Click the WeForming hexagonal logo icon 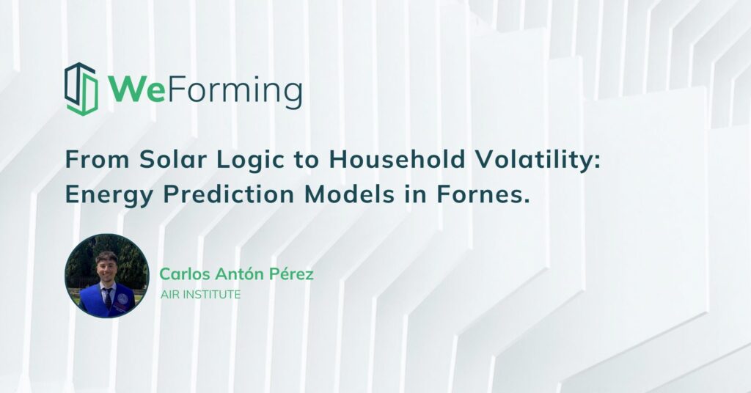click(x=81, y=89)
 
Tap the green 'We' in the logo click(x=136, y=89)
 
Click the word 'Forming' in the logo click(x=234, y=92)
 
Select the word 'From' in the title click(x=98, y=159)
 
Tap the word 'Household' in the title click(x=397, y=159)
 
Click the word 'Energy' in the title click(x=109, y=196)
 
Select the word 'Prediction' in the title click(x=229, y=194)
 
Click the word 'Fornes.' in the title click(x=483, y=194)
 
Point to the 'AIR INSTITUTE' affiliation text click(x=201, y=295)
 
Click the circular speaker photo click(x=107, y=276)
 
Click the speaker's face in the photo click(x=106, y=269)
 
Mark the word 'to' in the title click(x=306, y=160)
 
